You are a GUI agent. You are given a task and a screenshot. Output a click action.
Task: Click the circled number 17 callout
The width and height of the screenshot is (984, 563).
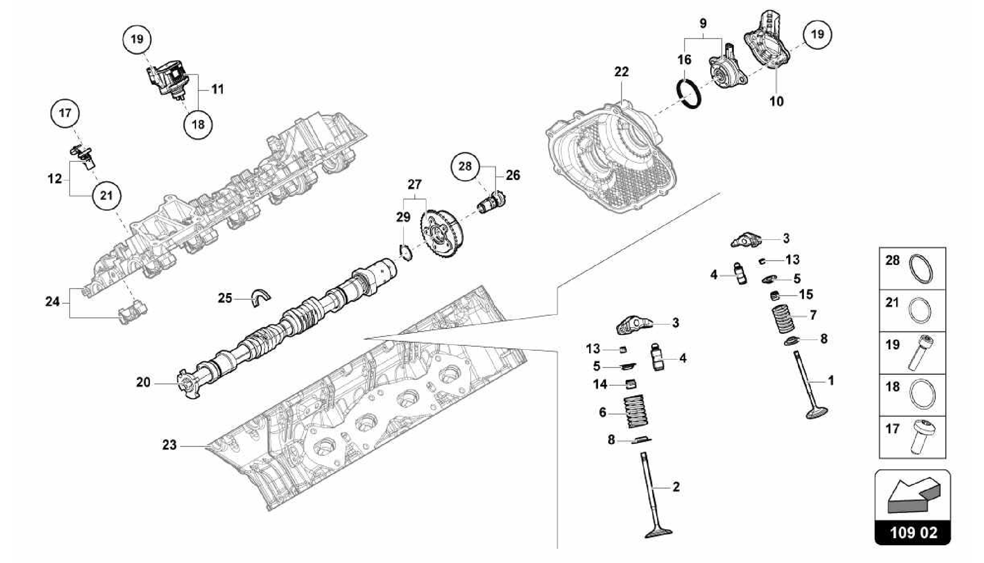[x=65, y=113]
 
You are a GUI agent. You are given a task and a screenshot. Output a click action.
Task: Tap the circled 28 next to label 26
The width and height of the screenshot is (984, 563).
[x=465, y=166]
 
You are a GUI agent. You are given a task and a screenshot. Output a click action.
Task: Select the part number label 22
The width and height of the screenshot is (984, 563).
[x=621, y=72]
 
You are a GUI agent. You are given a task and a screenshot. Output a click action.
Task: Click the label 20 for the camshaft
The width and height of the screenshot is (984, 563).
[x=143, y=382]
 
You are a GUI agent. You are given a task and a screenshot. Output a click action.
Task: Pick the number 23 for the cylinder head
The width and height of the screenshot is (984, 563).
[x=169, y=445]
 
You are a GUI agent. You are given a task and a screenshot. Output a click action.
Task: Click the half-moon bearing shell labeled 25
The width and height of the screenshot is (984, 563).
[x=260, y=297]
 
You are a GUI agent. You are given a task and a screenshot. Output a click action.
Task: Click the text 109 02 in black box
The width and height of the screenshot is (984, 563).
[x=913, y=533]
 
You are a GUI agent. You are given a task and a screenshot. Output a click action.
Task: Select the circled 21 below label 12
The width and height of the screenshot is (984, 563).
[x=106, y=196]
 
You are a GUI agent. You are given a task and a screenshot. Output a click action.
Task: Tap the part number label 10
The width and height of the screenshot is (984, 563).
[x=776, y=101]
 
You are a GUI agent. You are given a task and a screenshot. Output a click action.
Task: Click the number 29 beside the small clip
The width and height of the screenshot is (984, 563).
[x=403, y=217]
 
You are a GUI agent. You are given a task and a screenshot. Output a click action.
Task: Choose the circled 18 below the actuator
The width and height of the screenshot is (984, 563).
[x=198, y=125]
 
